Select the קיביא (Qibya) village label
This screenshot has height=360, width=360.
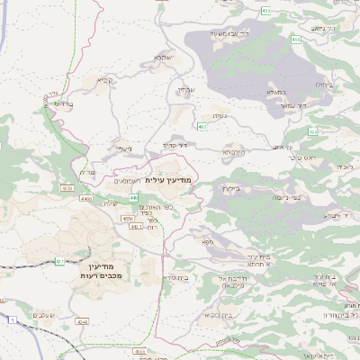click(x=106, y=80)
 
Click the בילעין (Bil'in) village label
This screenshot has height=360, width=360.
click(x=230, y=189)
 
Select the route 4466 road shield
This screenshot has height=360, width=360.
click(x=86, y=198)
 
